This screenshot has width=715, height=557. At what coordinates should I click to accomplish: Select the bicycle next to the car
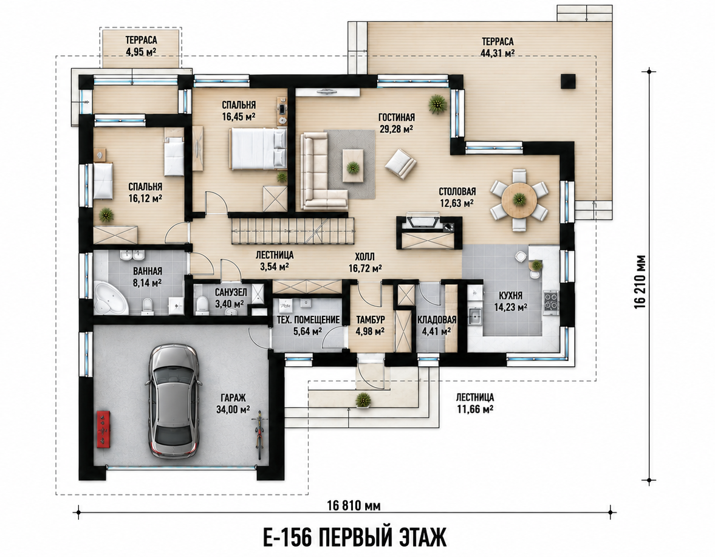point(259,434)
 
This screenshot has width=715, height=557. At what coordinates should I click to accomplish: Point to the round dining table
point(519,200)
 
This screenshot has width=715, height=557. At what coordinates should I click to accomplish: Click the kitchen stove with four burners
point(551,302)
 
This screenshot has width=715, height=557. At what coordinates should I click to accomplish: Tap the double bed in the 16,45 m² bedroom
point(258,149)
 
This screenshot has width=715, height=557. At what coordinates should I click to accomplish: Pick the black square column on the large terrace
point(568,81)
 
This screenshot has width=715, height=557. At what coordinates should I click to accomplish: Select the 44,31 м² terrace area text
point(498,53)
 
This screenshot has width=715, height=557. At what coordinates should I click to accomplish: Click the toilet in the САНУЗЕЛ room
point(201,306)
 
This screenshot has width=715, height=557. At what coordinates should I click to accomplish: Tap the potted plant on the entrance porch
point(363,399)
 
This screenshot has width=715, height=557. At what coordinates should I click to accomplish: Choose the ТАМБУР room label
point(371,320)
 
